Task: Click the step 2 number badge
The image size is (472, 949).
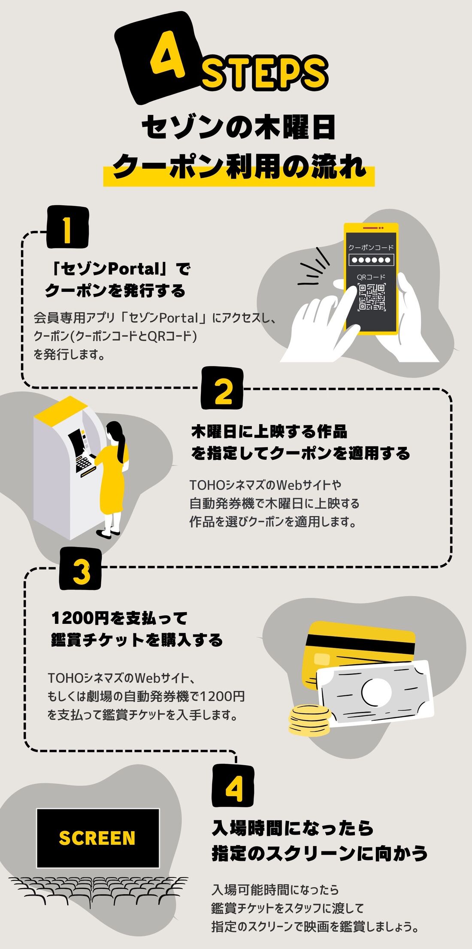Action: [x=222, y=389]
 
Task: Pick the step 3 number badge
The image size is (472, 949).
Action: [x=81, y=569]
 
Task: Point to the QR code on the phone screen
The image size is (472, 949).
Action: [x=372, y=297]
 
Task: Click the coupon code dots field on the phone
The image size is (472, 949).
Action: [x=371, y=260]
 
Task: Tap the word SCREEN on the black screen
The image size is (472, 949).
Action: [x=97, y=838]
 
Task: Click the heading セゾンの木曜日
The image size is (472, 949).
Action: [x=238, y=127]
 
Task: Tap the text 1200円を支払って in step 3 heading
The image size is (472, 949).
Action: [x=119, y=618]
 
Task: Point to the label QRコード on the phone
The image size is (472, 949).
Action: [x=371, y=277]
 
